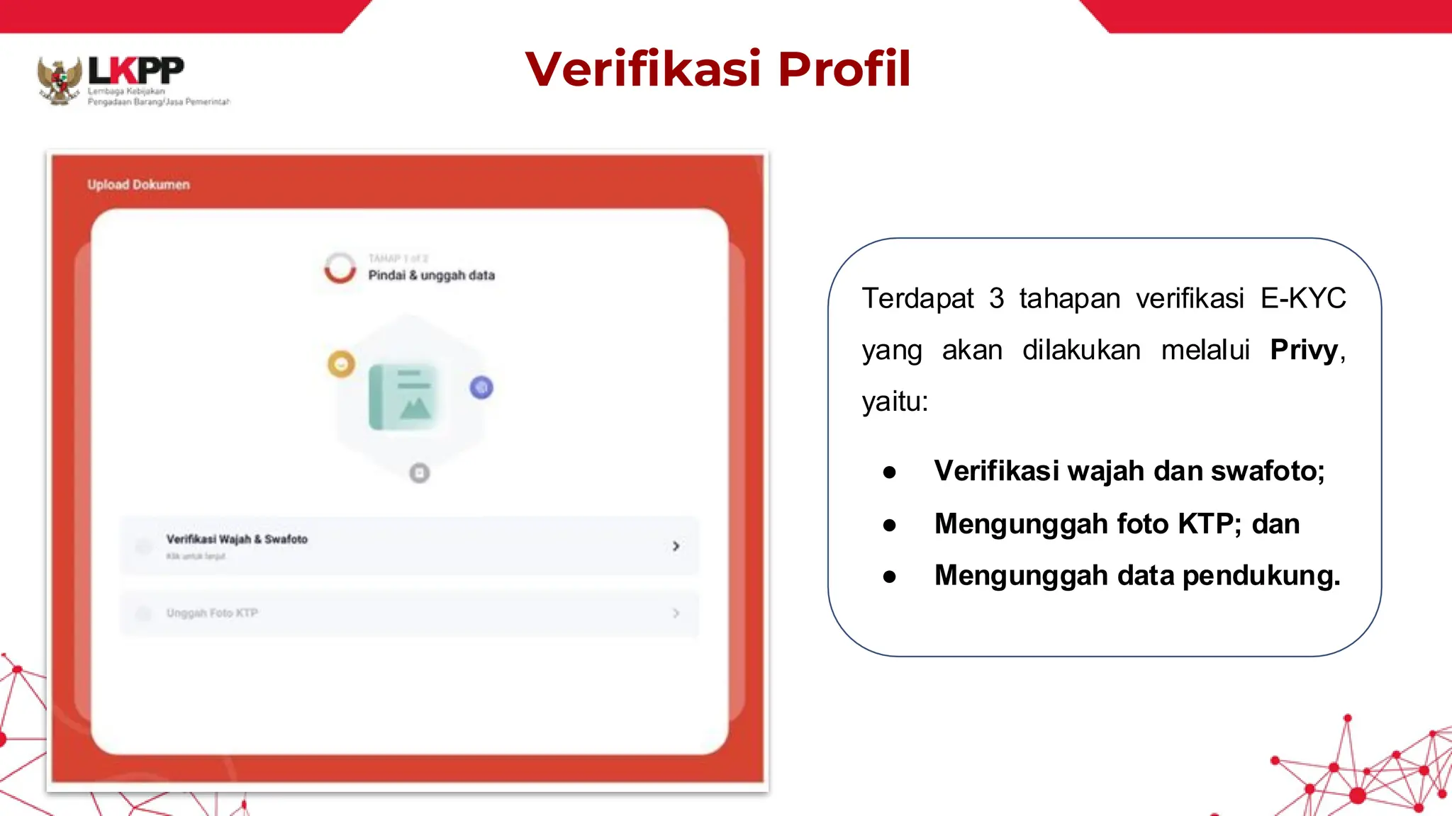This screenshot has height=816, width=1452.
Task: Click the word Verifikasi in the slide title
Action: point(643,69)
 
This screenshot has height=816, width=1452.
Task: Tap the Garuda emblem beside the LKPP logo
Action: point(60,81)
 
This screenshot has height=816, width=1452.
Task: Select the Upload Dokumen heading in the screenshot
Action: point(138,185)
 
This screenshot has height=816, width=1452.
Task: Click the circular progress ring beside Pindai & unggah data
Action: point(340,268)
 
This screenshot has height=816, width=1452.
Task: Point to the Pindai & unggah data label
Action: point(431,275)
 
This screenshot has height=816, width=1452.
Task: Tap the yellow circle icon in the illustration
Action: point(341,364)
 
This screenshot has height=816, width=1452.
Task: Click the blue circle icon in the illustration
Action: point(481,387)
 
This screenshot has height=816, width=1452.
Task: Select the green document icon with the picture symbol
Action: point(403,397)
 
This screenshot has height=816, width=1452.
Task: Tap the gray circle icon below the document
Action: point(420,472)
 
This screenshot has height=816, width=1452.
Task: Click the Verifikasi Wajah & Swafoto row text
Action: point(237,539)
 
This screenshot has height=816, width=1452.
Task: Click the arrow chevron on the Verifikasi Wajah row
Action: point(676,546)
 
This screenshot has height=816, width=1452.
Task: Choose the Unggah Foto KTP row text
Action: point(212,613)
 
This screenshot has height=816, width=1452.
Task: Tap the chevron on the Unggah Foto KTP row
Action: point(676,613)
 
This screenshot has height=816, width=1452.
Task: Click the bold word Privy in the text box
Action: point(1303,350)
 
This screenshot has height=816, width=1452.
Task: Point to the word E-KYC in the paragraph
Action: point(1303,298)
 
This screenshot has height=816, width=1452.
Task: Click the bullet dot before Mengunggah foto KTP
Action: point(890,525)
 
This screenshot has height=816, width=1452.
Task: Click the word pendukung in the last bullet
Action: point(1261,575)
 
